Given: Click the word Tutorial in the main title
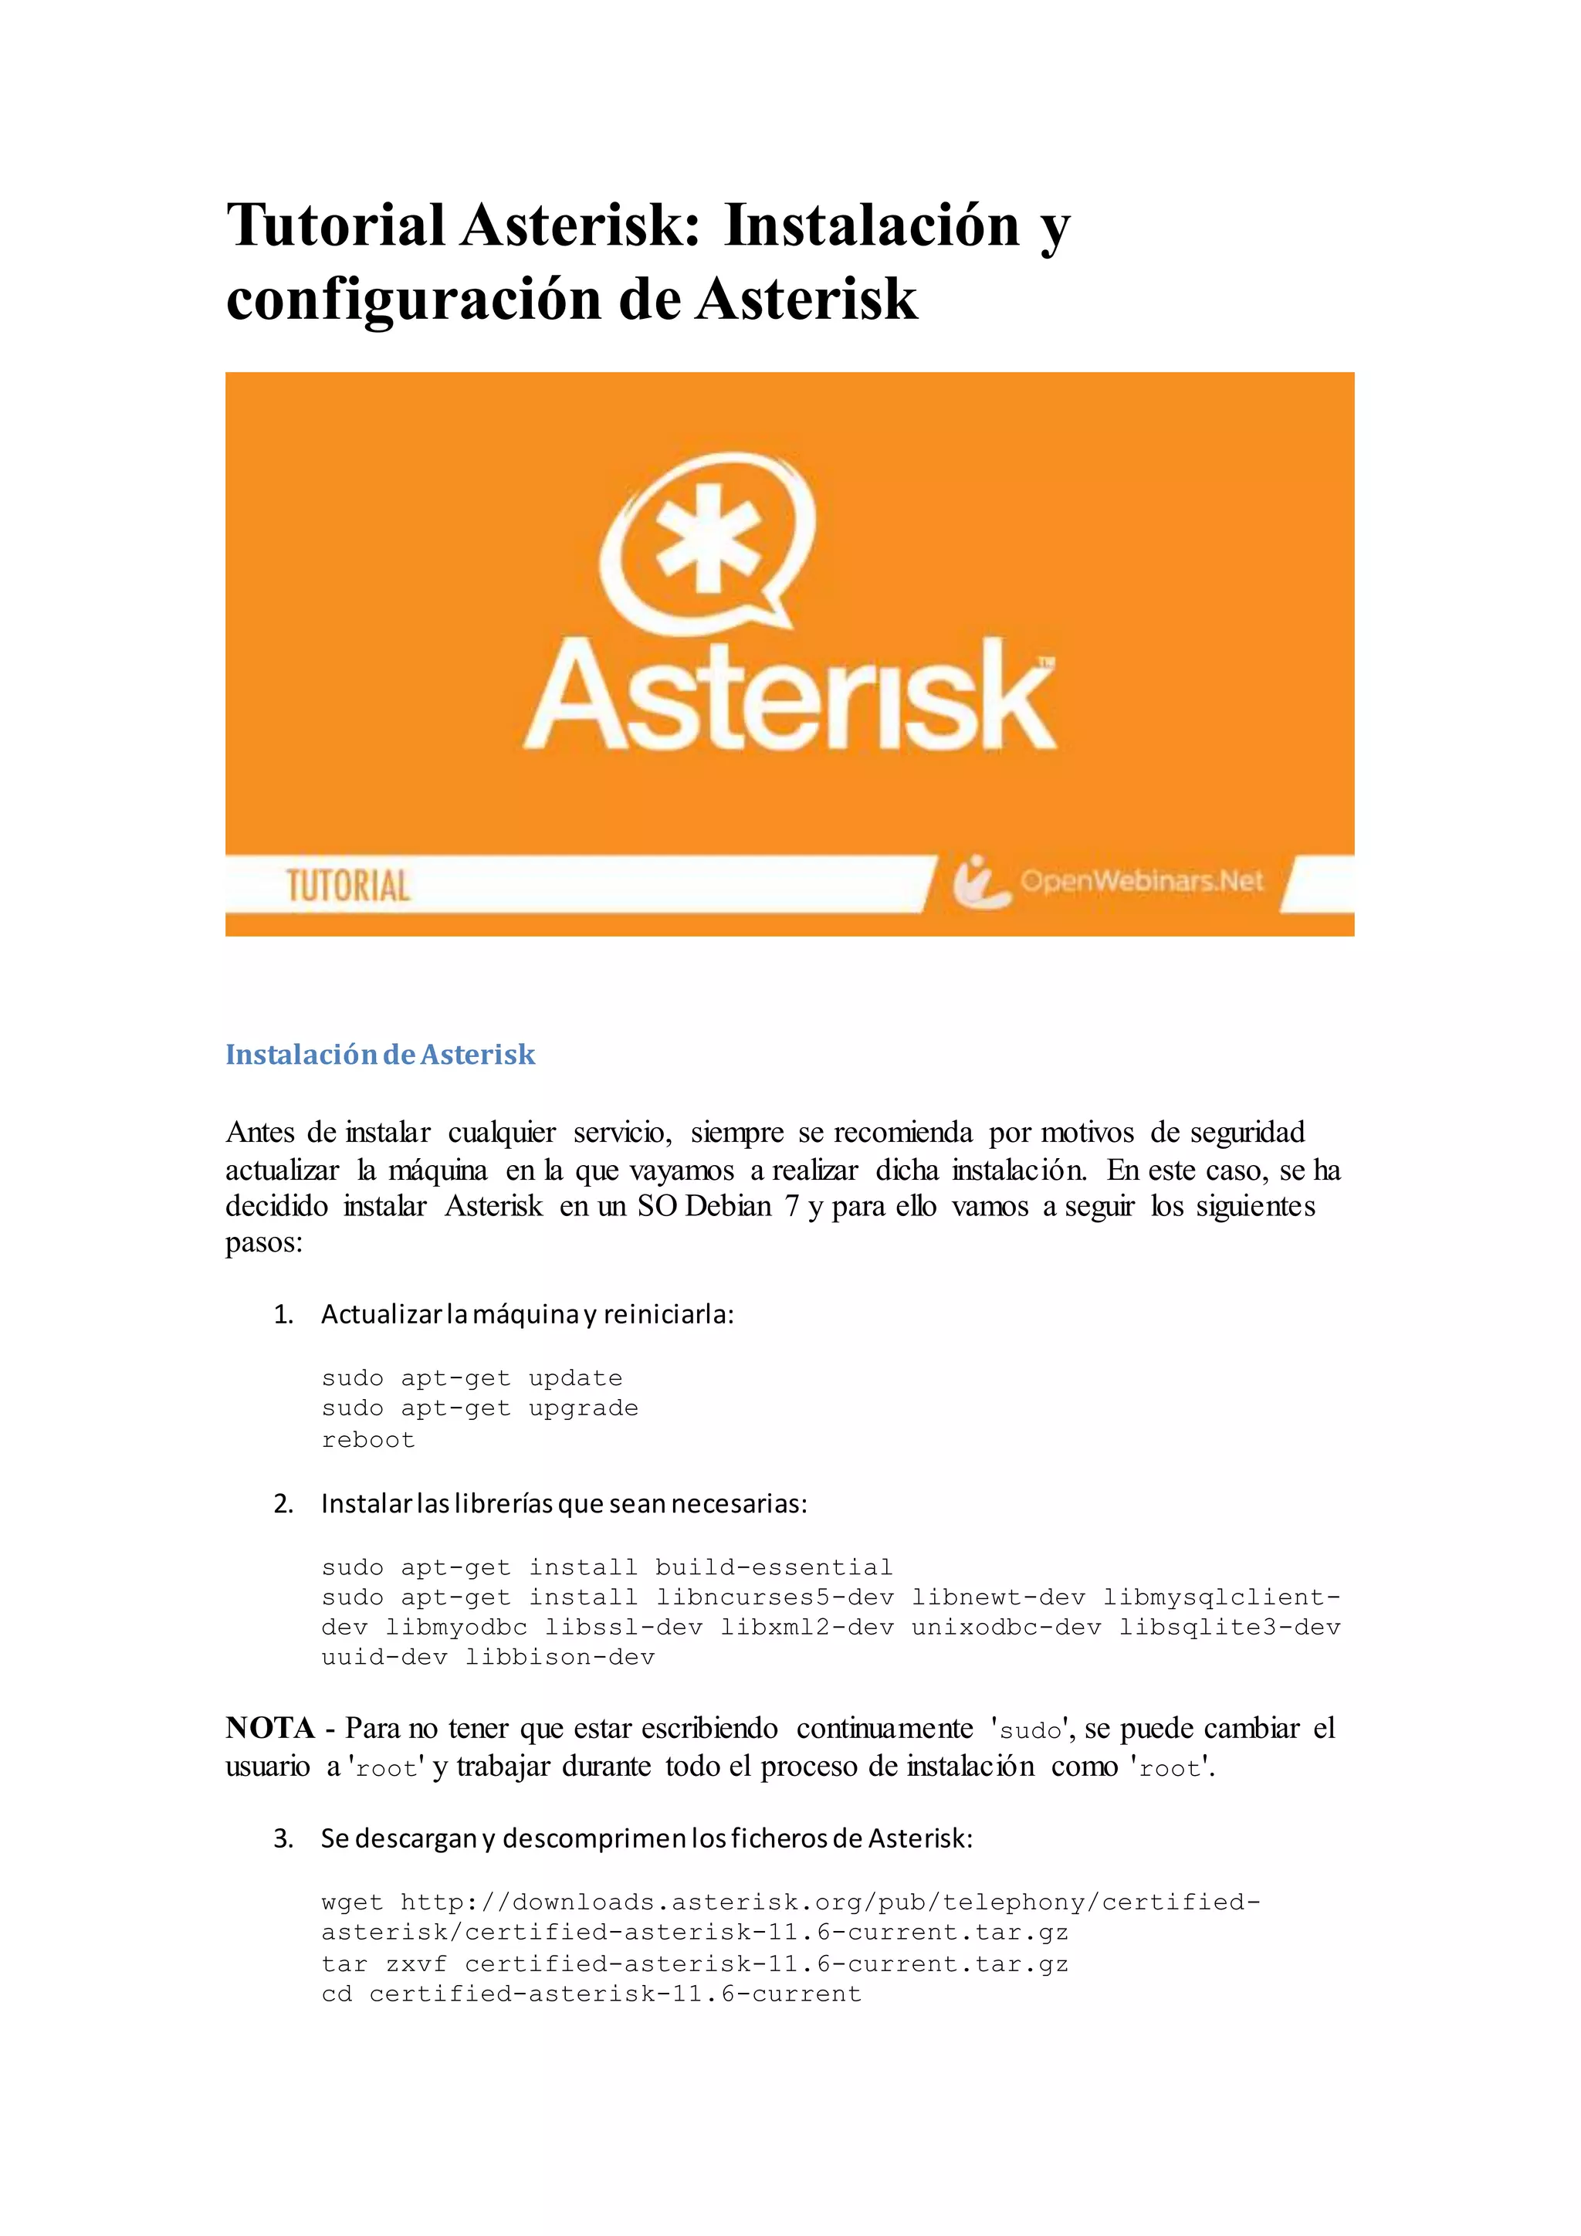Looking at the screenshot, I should [336, 225].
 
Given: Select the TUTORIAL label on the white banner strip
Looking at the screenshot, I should [347, 886].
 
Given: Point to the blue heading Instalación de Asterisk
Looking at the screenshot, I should [380, 1055].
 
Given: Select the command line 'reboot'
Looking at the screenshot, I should [368, 1439].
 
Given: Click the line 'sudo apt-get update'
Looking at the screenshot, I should [471, 1378].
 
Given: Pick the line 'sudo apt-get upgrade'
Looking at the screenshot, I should [479, 1408].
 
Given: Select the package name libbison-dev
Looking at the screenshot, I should [560, 1658].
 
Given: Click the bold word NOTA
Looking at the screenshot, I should [269, 1729].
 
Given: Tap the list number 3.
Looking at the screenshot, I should [283, 1838].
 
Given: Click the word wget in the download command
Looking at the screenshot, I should [353, 1902].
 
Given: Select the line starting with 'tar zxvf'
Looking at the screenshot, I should [694, 1963].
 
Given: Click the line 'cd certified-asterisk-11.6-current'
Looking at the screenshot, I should [591, 1994].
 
